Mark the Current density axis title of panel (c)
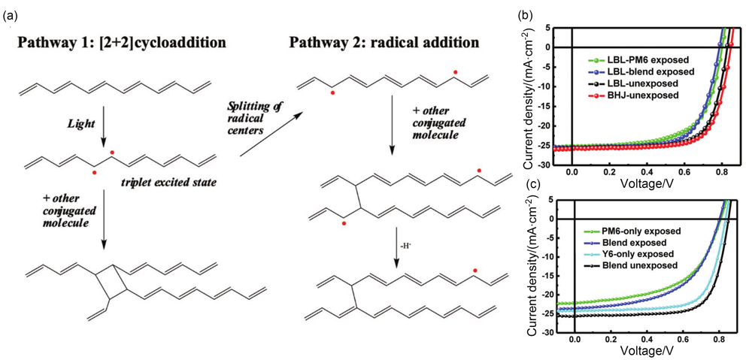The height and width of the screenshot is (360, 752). tap(532, 268)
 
